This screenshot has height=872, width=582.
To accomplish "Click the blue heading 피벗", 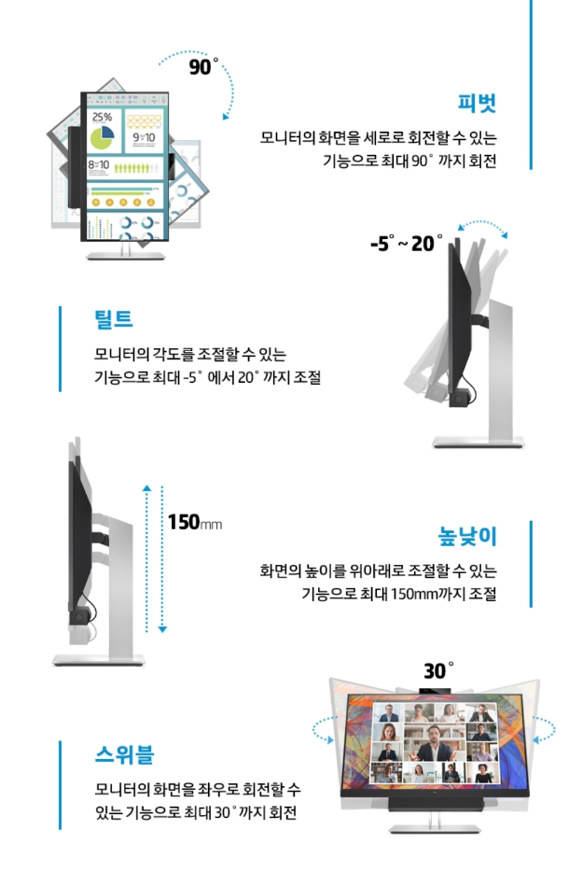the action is coord(477,104).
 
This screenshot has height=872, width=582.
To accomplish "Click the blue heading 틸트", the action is coord(113,319).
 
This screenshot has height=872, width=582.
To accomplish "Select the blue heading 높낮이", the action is coord(467,536).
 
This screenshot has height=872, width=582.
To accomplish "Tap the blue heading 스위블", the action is coord(124,754).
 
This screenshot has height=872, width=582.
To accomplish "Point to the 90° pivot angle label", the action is coord(203,66).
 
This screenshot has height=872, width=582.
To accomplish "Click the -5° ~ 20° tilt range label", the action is coord(407,243).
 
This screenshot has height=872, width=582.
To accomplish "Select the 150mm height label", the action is coord(194,522).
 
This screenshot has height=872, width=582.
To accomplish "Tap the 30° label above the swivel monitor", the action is coord(438,670).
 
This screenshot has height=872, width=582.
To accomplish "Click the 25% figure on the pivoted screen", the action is coord(103,117).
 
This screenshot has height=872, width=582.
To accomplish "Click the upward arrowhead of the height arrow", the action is coord(146,488).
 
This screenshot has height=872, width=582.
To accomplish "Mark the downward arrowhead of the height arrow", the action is coord(162,629).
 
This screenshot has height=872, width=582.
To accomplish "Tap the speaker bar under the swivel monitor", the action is coord(436,804).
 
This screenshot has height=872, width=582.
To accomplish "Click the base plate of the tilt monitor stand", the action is coord(478,443).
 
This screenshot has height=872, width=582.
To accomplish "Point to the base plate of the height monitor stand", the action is coord(98,660).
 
